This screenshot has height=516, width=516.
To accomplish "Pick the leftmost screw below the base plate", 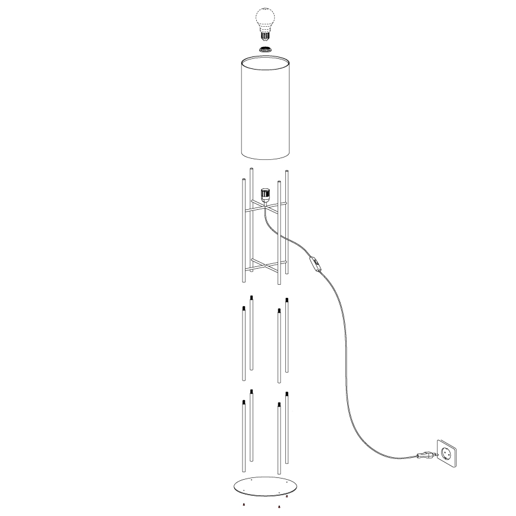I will click(x=244, y=505).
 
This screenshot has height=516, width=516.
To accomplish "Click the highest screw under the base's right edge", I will click(x=287, y=496).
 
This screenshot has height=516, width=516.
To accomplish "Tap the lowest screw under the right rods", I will click(x=279, y=506).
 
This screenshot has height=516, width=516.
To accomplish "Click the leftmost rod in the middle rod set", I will click(x=244, y=345).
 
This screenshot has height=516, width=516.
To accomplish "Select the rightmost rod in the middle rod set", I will click(x=287, y=336).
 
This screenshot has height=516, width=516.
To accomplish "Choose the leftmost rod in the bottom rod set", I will click(x=244, y=437).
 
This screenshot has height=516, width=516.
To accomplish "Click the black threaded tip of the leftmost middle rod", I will click(x=244, y=308).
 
